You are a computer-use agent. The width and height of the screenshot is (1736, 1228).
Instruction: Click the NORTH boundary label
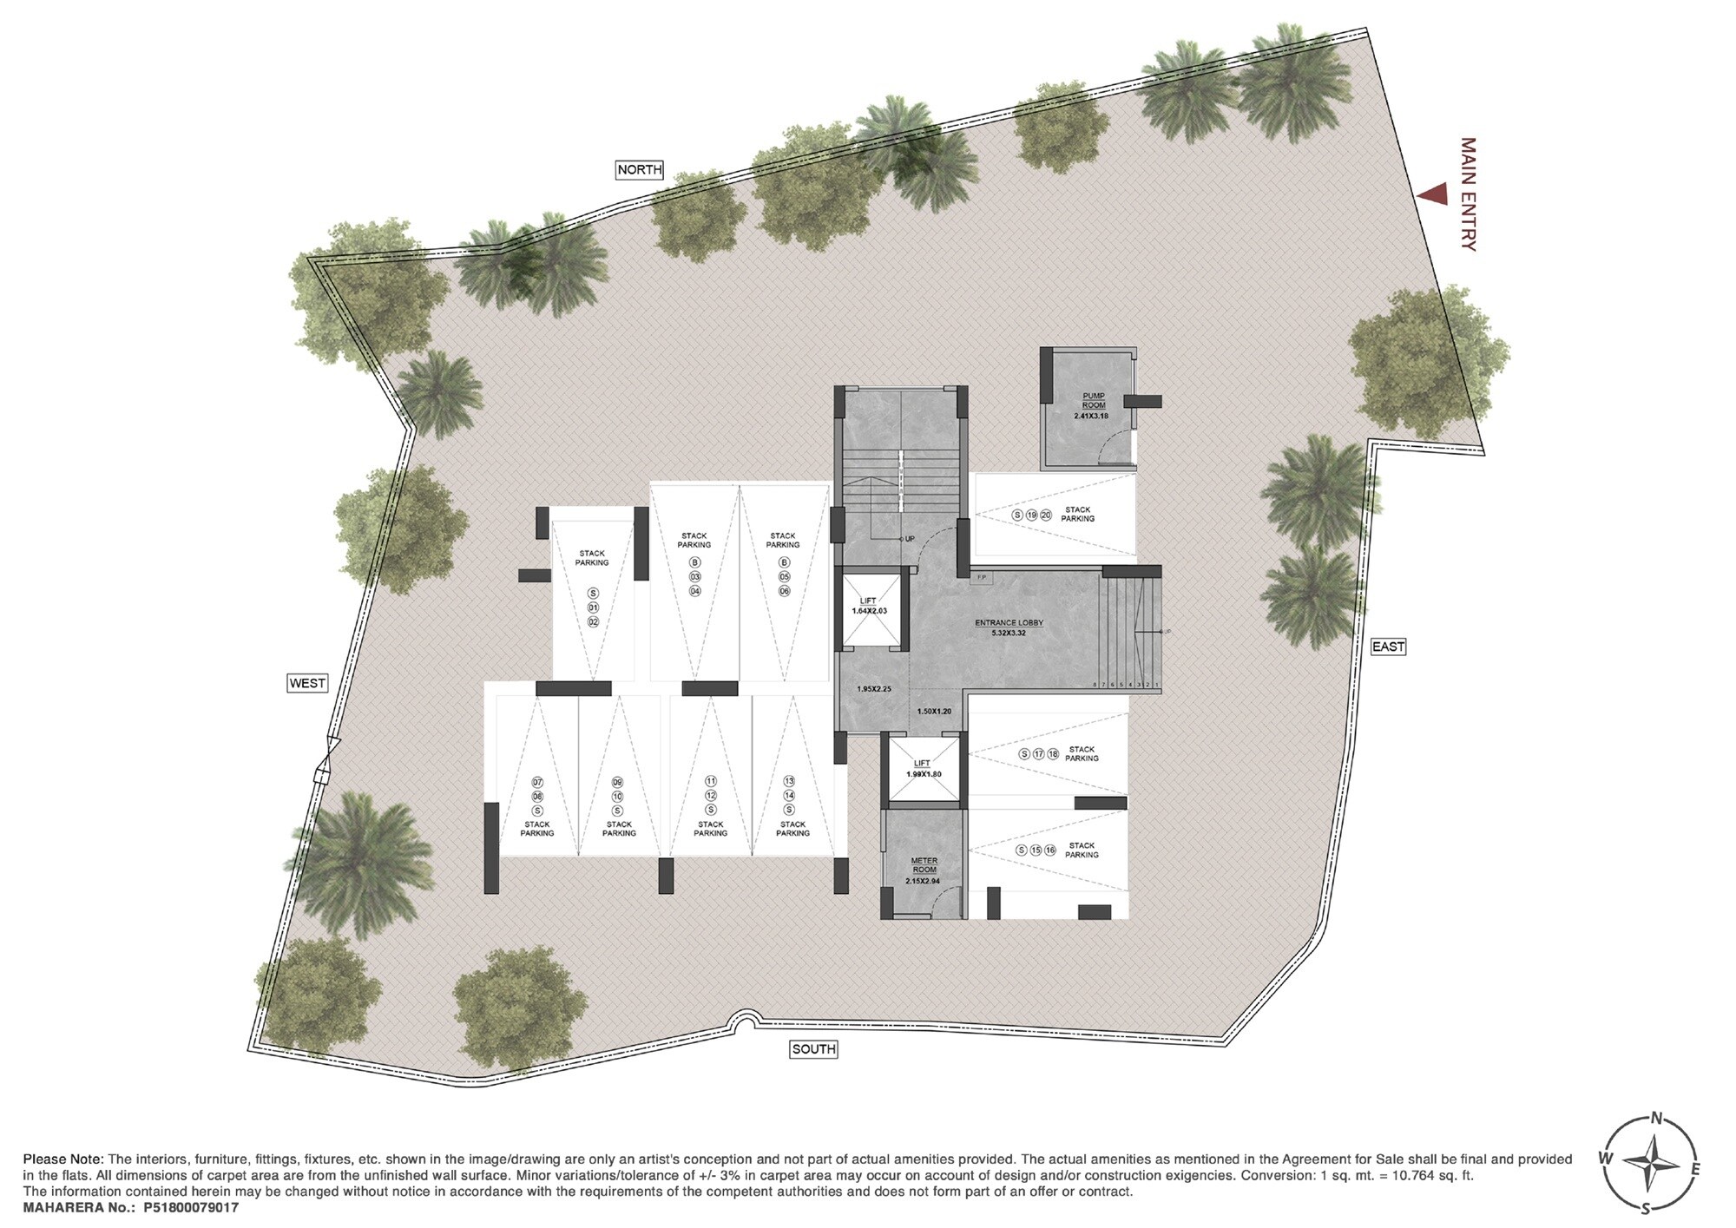point(640,170)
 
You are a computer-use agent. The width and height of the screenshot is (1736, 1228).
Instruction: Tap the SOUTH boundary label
point(813,1049)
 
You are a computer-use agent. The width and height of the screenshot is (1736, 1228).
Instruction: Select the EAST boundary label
point(1388,647)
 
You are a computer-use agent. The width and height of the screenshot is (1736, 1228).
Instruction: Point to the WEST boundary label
point(307,683)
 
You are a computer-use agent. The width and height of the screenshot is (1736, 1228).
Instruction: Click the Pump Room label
point(1093,400)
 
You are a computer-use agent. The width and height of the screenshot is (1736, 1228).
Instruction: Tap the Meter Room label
point(924,865)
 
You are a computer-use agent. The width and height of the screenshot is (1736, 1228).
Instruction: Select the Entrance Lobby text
point(1009,623)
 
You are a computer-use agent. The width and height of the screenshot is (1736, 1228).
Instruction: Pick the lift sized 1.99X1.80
point(924,768)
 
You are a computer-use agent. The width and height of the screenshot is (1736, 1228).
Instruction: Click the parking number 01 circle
point(594,607)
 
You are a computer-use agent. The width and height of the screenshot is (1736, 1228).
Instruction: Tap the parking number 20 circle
point(1046,515)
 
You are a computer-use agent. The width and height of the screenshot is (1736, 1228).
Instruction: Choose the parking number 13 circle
point(789,781)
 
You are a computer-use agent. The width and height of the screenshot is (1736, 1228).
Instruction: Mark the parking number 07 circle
point(537,782)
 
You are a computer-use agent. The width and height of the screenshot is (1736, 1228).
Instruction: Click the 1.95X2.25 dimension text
point(874,689)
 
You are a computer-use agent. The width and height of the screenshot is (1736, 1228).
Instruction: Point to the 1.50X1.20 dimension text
point(935,712)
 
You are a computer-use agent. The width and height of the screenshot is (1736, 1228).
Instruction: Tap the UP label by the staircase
point(909,539)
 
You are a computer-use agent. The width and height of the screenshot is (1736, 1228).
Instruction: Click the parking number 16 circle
point(1050,850)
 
